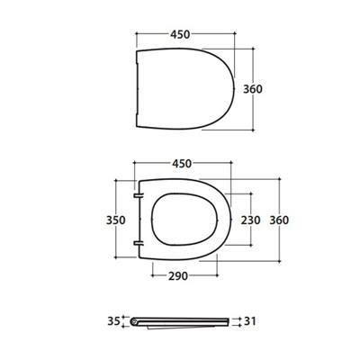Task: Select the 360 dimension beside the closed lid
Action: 276,89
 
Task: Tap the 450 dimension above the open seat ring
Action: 181,165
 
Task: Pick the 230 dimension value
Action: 249,220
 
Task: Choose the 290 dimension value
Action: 184,276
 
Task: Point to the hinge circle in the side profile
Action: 134,320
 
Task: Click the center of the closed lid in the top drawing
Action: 184,89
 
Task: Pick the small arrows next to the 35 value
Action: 124,321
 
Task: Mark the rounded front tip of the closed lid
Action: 235,89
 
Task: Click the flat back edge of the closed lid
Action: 134,89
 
